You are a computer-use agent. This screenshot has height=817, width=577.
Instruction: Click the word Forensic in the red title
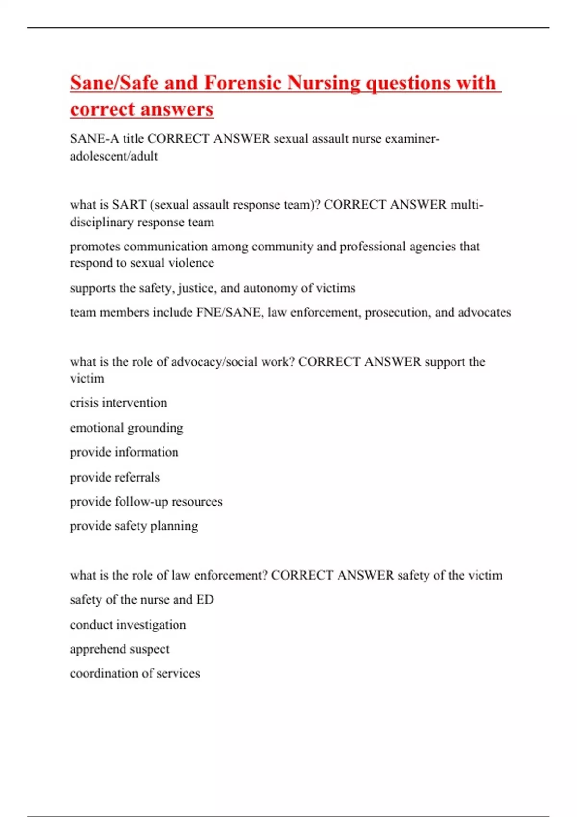coord(242,83)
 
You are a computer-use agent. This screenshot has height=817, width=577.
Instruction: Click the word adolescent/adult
coord(114,156)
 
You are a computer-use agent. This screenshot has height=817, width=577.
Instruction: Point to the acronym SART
coord(129,205)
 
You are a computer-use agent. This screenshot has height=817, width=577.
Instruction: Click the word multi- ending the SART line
coord(466,205)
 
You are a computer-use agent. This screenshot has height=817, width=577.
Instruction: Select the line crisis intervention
coord(118,403)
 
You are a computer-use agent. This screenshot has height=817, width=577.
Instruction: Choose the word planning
coord(174,526)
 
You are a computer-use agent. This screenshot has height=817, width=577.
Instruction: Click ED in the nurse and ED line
coord(205,600)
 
